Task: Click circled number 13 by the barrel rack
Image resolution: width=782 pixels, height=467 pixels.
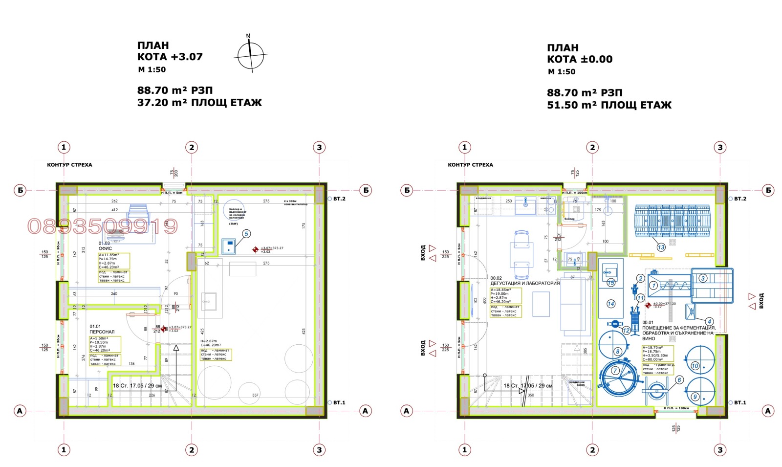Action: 661,247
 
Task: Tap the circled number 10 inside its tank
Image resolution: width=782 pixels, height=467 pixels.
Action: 695,366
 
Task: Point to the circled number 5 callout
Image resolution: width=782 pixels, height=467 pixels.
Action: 246,234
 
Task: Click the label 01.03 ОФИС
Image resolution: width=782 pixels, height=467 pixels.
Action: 105,246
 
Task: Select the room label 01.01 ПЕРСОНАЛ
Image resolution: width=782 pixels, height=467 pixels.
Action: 102,329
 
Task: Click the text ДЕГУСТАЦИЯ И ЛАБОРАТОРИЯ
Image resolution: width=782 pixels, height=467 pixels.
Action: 525,283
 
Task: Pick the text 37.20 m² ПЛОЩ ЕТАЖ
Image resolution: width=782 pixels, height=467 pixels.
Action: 199,103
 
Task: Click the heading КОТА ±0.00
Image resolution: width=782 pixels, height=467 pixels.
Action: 580,59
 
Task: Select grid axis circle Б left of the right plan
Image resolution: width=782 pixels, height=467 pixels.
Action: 407,190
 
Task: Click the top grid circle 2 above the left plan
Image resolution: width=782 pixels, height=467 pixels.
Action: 192,147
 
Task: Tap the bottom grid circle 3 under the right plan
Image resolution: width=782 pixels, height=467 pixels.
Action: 720,450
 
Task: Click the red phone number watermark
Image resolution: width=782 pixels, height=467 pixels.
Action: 103,226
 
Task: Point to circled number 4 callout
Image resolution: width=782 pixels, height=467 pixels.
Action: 709,321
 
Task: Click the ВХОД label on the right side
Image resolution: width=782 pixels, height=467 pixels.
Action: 761,301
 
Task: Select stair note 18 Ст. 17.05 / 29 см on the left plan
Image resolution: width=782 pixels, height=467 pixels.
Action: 137,386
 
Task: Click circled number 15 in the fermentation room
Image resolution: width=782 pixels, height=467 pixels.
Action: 611,283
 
